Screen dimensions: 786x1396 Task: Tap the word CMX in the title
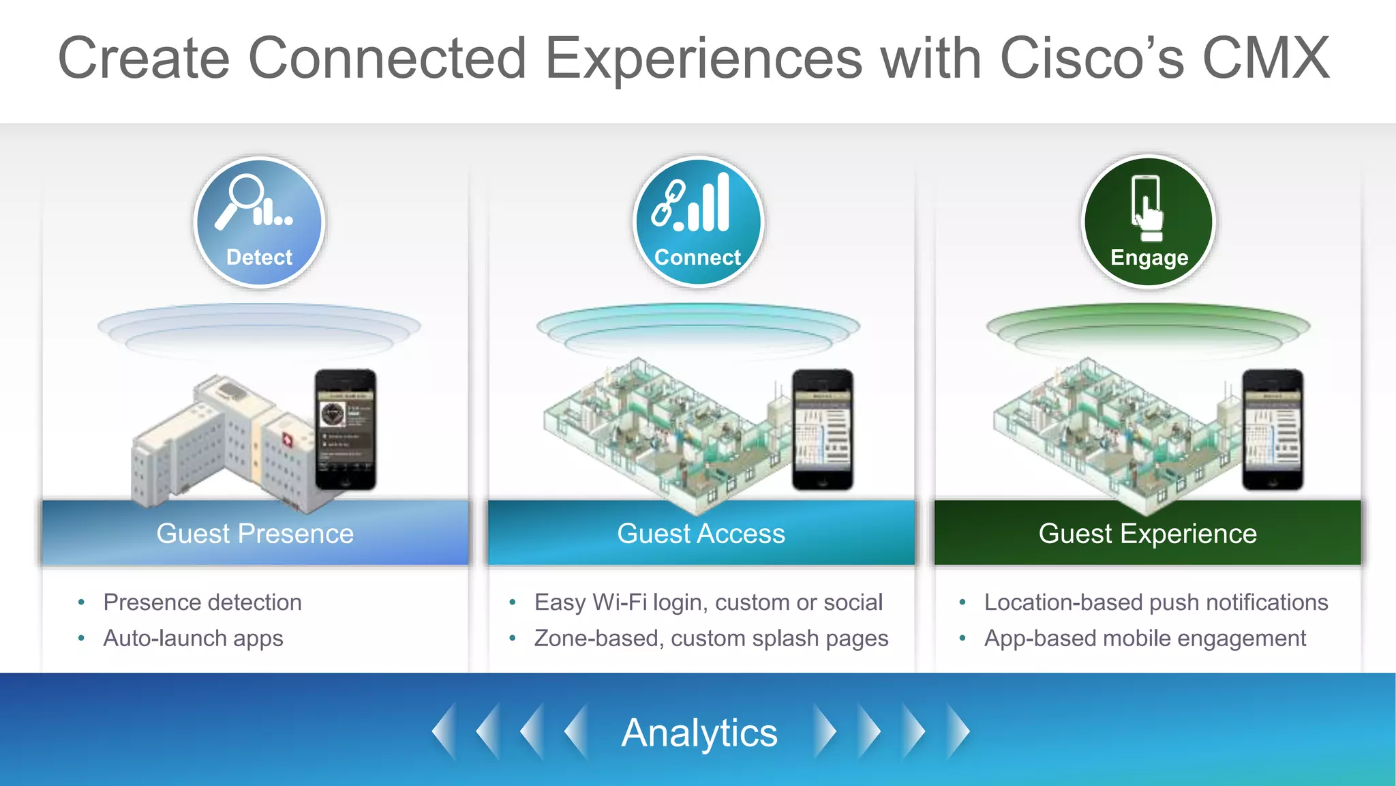[1265, 59]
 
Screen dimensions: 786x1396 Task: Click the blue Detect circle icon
[259, 222]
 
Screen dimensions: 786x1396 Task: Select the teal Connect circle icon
[698, 222]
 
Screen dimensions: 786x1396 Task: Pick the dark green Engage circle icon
[1149, 222]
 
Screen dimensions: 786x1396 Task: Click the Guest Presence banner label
[255, 534]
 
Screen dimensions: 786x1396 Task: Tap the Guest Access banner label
[701, 534]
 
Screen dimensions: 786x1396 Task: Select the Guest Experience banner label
[1147, 534]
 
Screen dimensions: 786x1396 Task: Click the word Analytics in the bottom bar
[699, 733]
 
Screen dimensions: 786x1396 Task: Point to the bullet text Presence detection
[202, 602]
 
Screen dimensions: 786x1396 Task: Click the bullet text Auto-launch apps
[193, 639]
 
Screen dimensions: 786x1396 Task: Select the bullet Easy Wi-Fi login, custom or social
[708, 602]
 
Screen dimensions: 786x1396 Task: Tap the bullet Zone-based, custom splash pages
[711, 639]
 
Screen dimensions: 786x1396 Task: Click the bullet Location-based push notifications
[1156, 602]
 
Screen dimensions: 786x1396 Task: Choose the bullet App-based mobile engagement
[1145, 639]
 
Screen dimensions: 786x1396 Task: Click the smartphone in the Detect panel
[346, 430]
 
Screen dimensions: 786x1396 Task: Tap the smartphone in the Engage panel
[1273, 430]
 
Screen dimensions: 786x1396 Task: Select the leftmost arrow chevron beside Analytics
[444, 732]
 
